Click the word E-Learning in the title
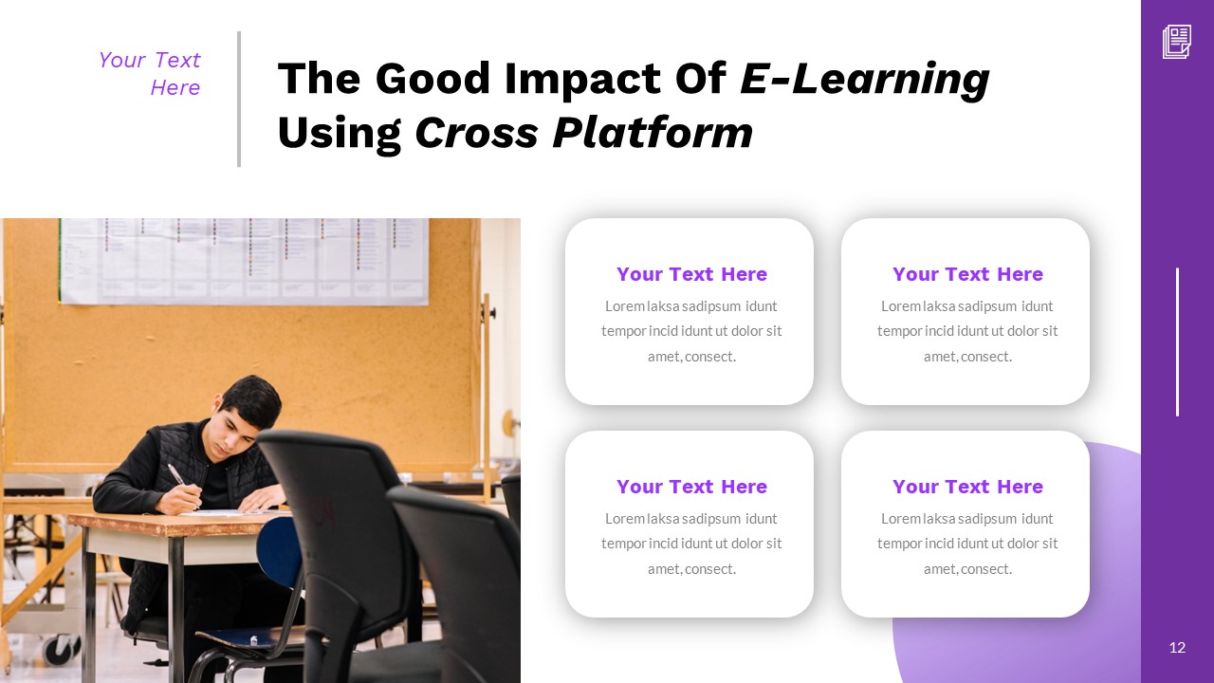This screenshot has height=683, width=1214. click(x=864, y=80)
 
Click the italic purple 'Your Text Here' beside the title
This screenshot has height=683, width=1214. click(x=150, y=74)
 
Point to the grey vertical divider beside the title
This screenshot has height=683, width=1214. click(x=239, y=99)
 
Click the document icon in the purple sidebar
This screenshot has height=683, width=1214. click(x=1177, y=42)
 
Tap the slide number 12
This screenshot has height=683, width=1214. click(x=1177, y=648)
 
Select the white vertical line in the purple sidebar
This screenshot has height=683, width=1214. click(x=1177, y=341)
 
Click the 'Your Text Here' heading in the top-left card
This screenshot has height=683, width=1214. click(x=691, y=274)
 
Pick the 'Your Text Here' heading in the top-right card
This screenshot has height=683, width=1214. click(x=967, y=274)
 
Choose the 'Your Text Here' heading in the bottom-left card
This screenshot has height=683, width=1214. click(x=691, y=487)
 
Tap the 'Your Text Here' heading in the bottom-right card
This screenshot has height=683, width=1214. click(x=967, y=487)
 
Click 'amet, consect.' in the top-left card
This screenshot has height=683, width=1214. click(x=691, y=357)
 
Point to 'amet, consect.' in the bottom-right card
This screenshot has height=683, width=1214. click(x=967, y=569)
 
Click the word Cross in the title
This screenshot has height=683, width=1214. click(x=475, y=133)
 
